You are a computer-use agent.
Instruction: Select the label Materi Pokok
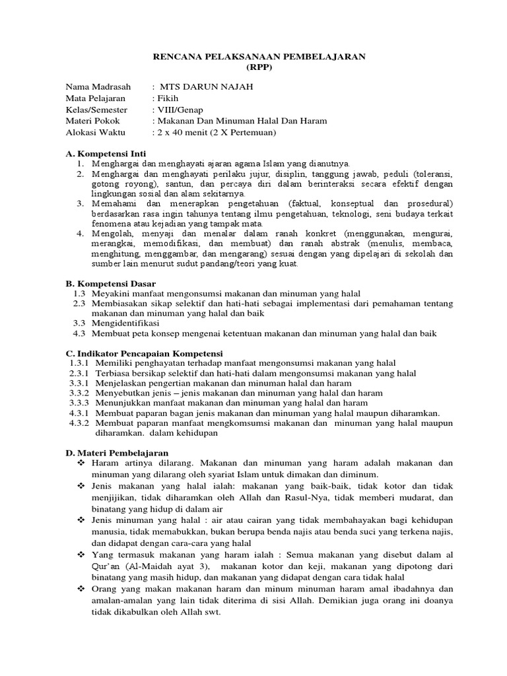point(91,121)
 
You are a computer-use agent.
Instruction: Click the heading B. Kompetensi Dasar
point(110,283)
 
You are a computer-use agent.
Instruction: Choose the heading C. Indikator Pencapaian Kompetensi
point(145,353)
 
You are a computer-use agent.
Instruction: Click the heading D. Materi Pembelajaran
point(118,453)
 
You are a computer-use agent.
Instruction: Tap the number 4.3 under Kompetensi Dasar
point(80,334)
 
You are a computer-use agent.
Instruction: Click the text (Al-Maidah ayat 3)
point(173,566)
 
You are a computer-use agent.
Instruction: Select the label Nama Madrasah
point(98,87)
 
